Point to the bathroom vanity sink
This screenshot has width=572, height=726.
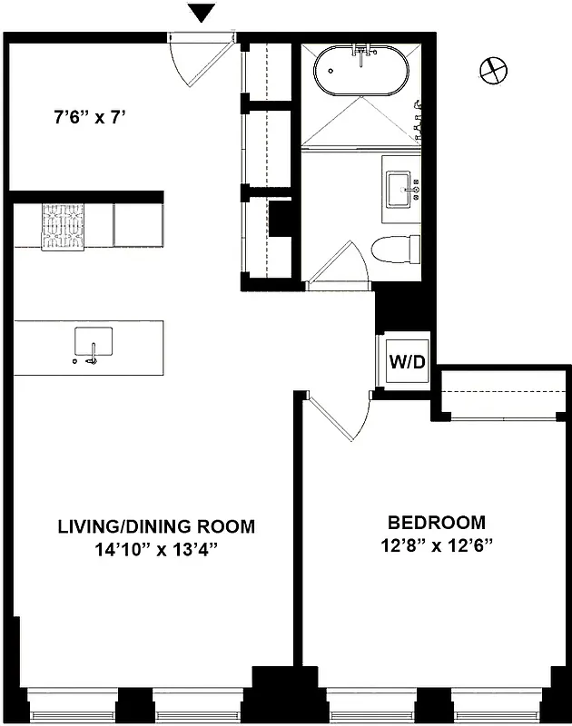coord(400,190)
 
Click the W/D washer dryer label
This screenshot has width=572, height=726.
coord(407,362)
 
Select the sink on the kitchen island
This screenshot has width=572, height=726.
coord(93,345)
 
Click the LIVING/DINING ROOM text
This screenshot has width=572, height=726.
coord(156,526)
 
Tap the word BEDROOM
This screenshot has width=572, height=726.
coord(436,523)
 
